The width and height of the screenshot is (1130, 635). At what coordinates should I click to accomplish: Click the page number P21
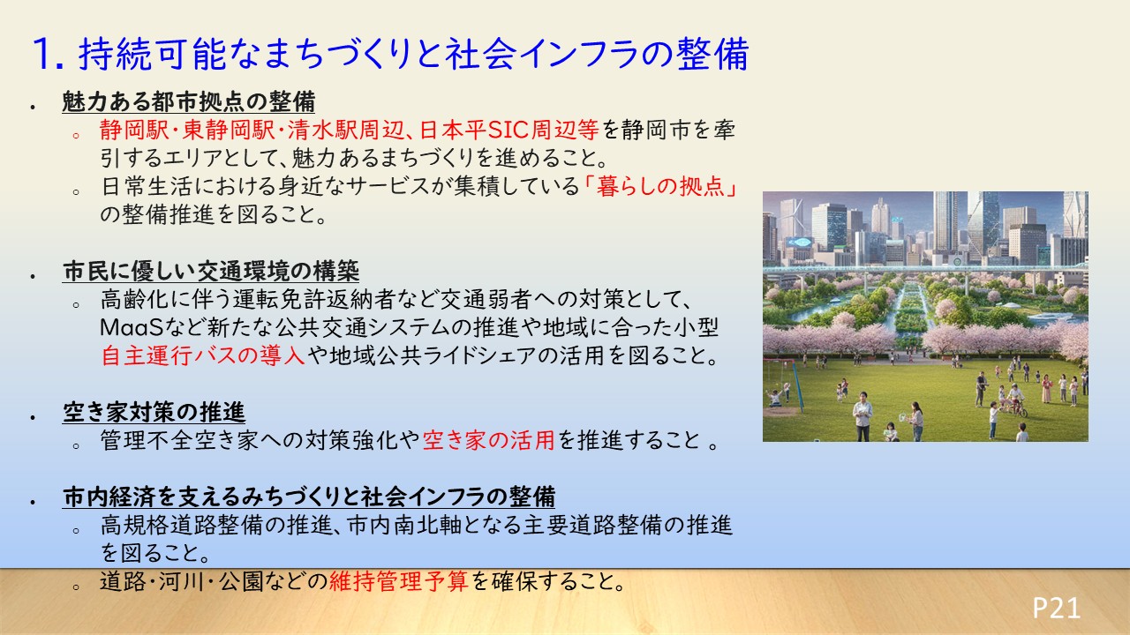coord(1056,608)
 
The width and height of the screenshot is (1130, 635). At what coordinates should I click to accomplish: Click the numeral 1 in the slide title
coord(43,54)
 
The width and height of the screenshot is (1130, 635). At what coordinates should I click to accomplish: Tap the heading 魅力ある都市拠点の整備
coord(188,101)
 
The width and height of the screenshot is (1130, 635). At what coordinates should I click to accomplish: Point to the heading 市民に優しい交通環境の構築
coord(211,271)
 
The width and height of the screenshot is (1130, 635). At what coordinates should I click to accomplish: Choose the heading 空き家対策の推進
coord(154,412)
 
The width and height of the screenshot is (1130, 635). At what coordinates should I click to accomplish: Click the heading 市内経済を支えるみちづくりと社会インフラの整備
coord(309,497)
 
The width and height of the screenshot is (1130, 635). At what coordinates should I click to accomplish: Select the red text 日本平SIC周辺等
coord(509,130)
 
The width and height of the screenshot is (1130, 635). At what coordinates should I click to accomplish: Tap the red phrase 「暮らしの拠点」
coord(660,186)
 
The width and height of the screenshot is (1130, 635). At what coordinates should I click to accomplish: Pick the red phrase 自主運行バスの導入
coord(203,355)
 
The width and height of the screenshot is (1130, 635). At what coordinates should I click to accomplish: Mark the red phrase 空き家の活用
coord(488,440)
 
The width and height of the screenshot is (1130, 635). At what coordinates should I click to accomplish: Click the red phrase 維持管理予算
coord(398,581)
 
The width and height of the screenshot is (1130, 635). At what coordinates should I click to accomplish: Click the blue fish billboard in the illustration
coord(800,242)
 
